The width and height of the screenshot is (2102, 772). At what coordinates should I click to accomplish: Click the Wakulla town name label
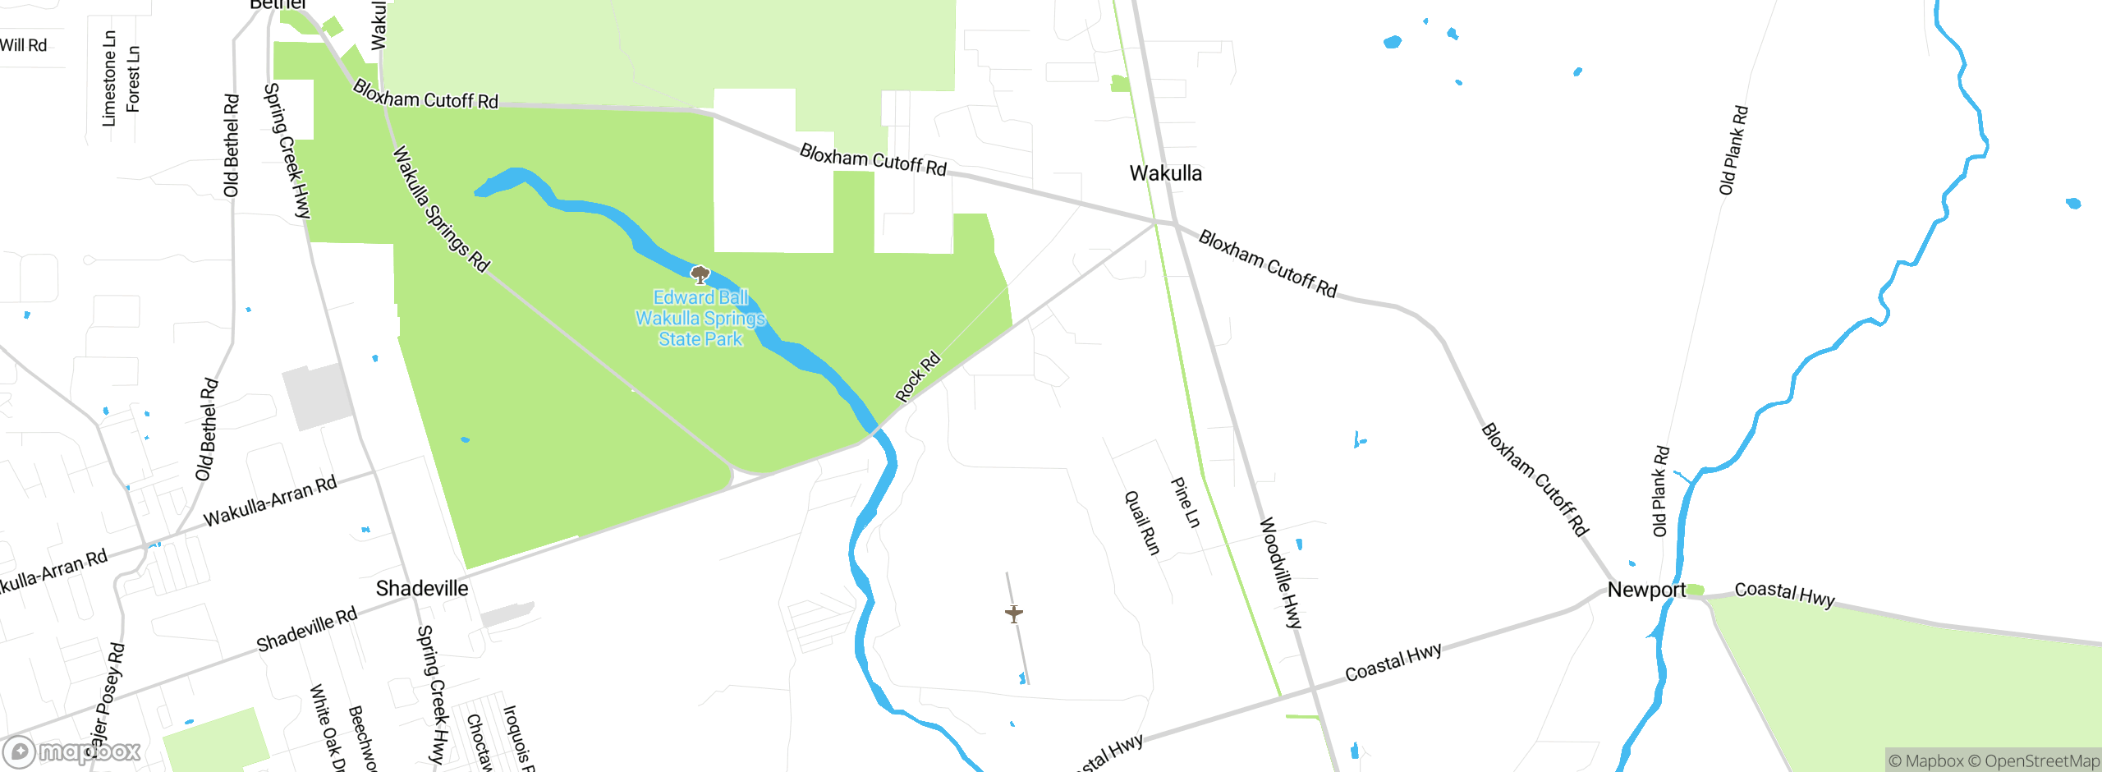(x=1165, y=173)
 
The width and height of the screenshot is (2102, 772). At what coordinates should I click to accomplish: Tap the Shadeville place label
(x=422, y=588)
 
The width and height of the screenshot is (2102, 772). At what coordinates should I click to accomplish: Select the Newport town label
(x=1645, y=590)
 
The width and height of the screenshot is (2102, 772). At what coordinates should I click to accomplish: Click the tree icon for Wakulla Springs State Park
(x=700, y=274)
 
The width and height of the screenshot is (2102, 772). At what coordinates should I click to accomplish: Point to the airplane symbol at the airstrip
(x=1014, y=613)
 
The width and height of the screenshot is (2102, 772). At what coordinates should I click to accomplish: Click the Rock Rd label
(x=917, y=377)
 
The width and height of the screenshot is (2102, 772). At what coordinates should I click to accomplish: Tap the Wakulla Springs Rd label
(x=440, y=209)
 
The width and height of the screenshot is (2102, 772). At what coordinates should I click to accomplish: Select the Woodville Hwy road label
(x=1281, y=572)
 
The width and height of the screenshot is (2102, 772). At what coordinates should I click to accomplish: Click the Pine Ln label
(x=1185, y=502)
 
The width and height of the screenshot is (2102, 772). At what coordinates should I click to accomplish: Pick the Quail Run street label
(x=1141, y=522)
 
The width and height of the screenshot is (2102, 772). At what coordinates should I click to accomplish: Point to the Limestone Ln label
(x=109, y=79)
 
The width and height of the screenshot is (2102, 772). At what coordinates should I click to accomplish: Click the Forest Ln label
(x=133, y=79)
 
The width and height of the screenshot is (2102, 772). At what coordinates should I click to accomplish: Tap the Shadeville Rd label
(x=307, y=629)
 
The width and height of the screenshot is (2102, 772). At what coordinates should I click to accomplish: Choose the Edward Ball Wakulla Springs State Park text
(x=700, y=319)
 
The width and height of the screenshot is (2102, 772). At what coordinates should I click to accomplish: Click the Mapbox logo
(x=72, y=751)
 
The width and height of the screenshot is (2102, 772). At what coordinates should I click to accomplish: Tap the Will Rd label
(x=23, y=45)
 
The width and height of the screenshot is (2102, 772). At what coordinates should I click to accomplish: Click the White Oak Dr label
(x=327, y=728)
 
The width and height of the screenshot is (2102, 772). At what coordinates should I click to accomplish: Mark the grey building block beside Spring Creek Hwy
(x=317, y=396)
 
